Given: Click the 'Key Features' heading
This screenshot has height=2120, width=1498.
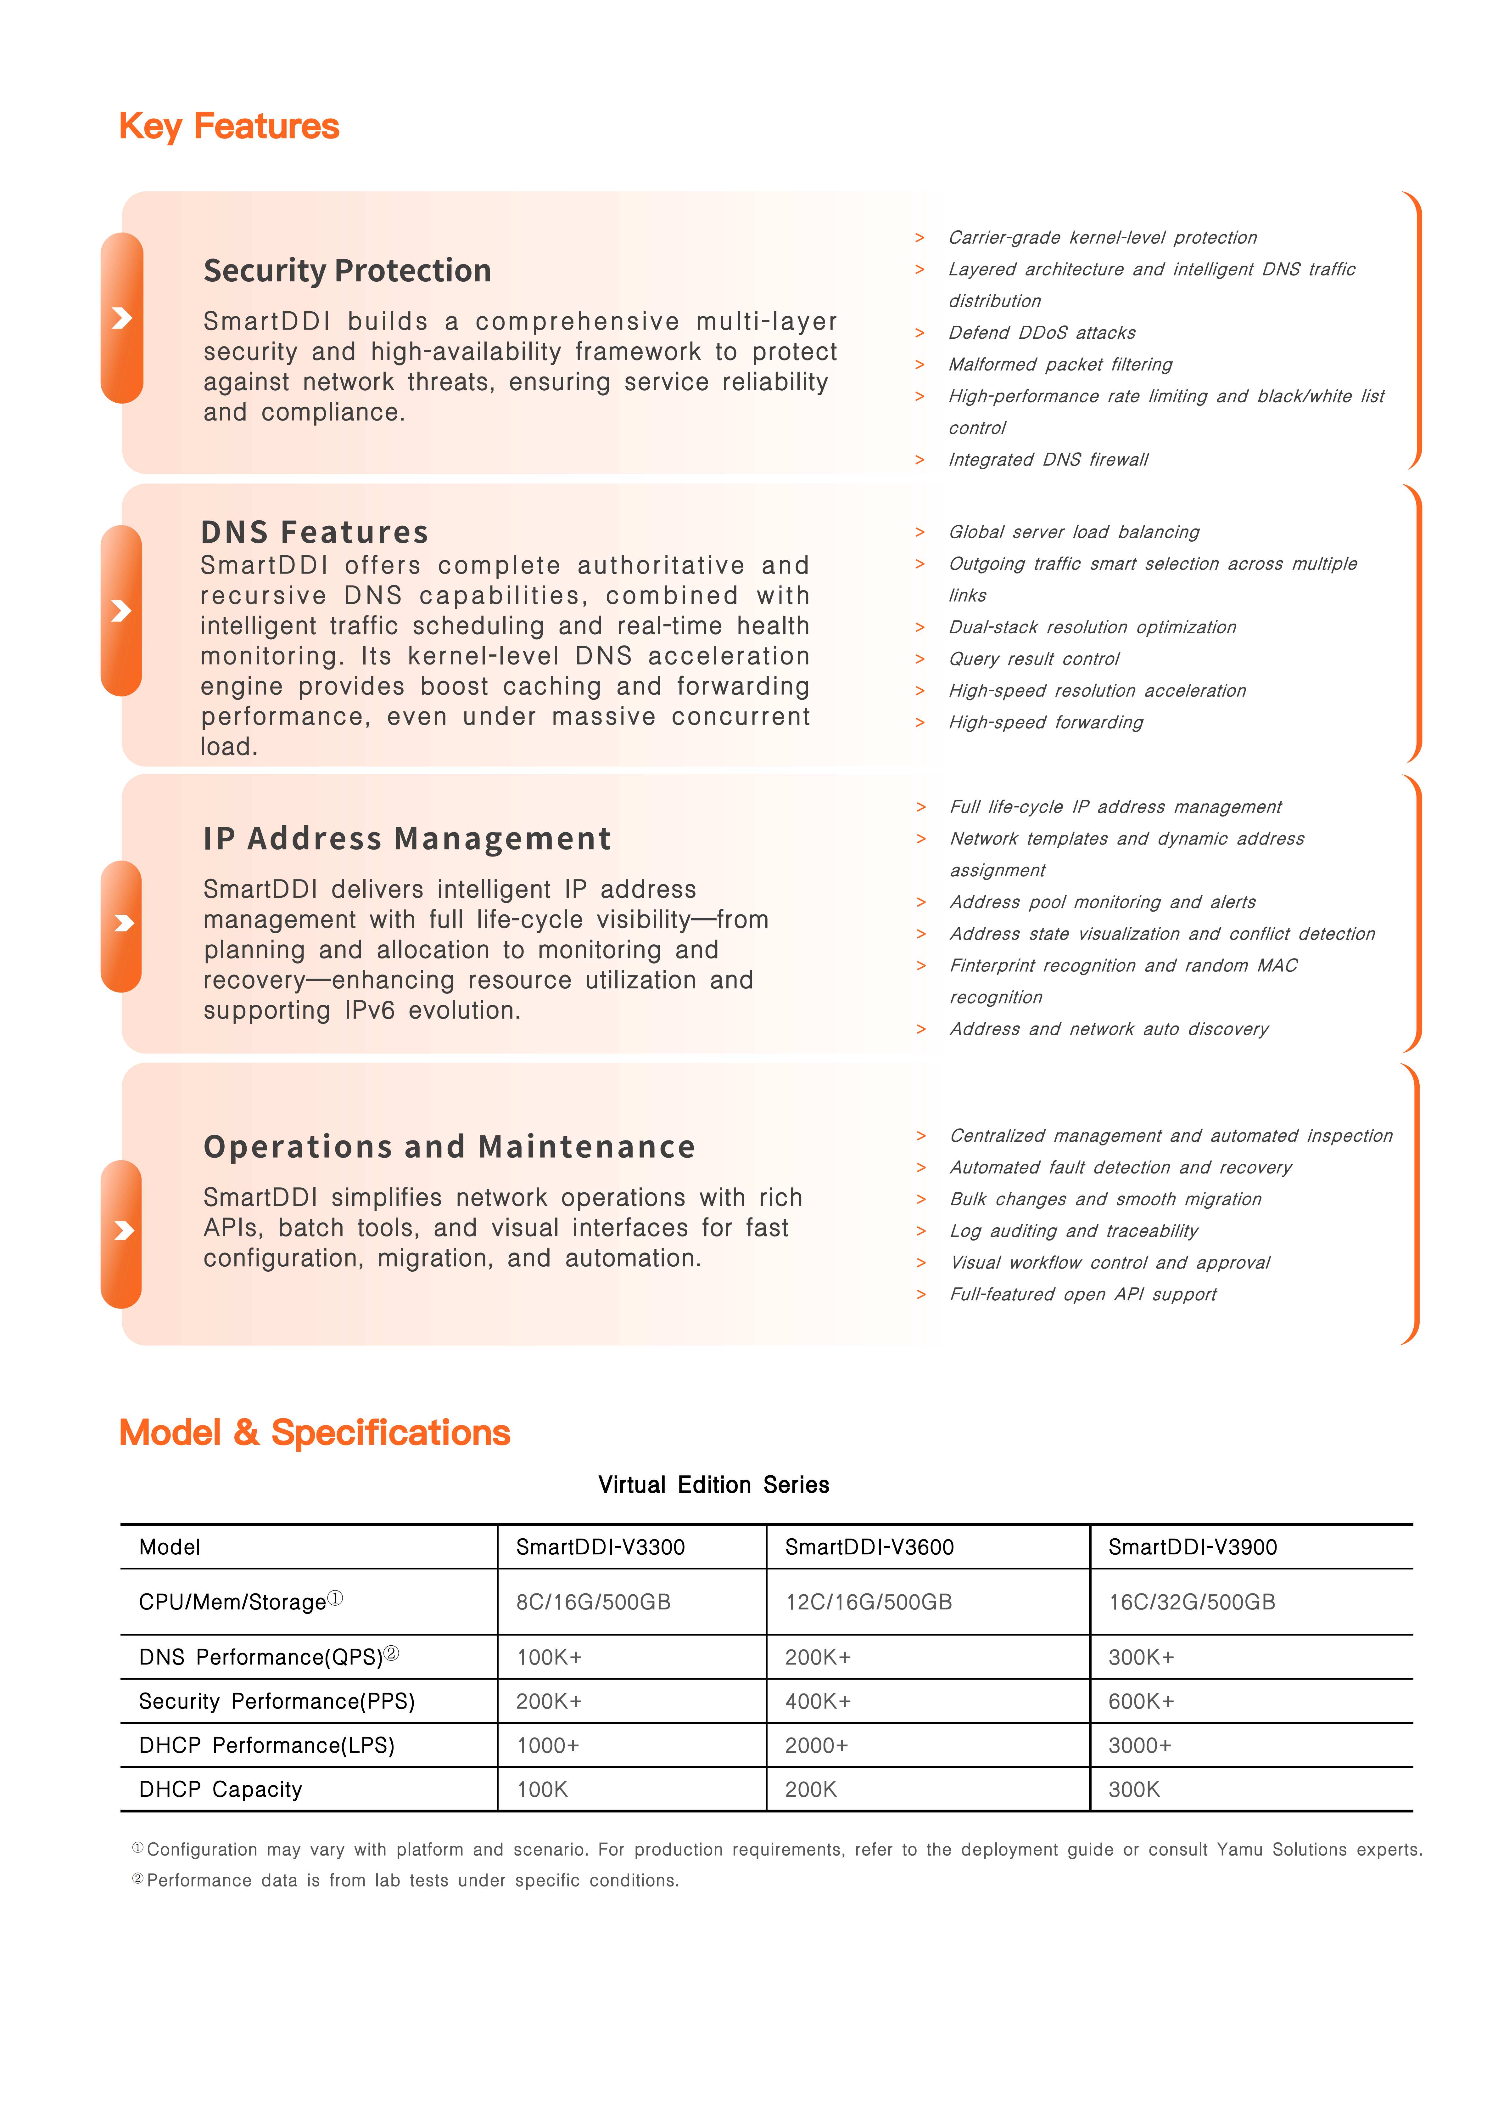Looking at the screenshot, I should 229,127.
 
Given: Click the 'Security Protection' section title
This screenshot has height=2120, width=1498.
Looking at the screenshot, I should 347,270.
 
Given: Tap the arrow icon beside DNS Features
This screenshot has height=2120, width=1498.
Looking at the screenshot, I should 121,610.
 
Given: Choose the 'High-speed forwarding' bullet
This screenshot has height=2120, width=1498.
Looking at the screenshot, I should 1046,722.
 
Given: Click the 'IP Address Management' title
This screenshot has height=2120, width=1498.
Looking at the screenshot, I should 407,838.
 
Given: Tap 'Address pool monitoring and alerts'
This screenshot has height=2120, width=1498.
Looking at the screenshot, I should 1102,902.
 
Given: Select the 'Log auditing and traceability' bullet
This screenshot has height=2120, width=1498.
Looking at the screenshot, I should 1073,1231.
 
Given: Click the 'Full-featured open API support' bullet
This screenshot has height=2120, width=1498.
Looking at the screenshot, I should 1083,1295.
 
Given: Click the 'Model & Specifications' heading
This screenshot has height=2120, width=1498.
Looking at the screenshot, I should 315,1432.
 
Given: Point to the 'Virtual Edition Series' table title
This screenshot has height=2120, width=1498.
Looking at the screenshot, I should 713,1485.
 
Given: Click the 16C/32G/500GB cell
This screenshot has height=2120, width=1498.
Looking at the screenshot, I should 1192,1602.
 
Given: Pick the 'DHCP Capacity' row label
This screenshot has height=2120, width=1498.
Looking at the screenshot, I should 221,1789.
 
